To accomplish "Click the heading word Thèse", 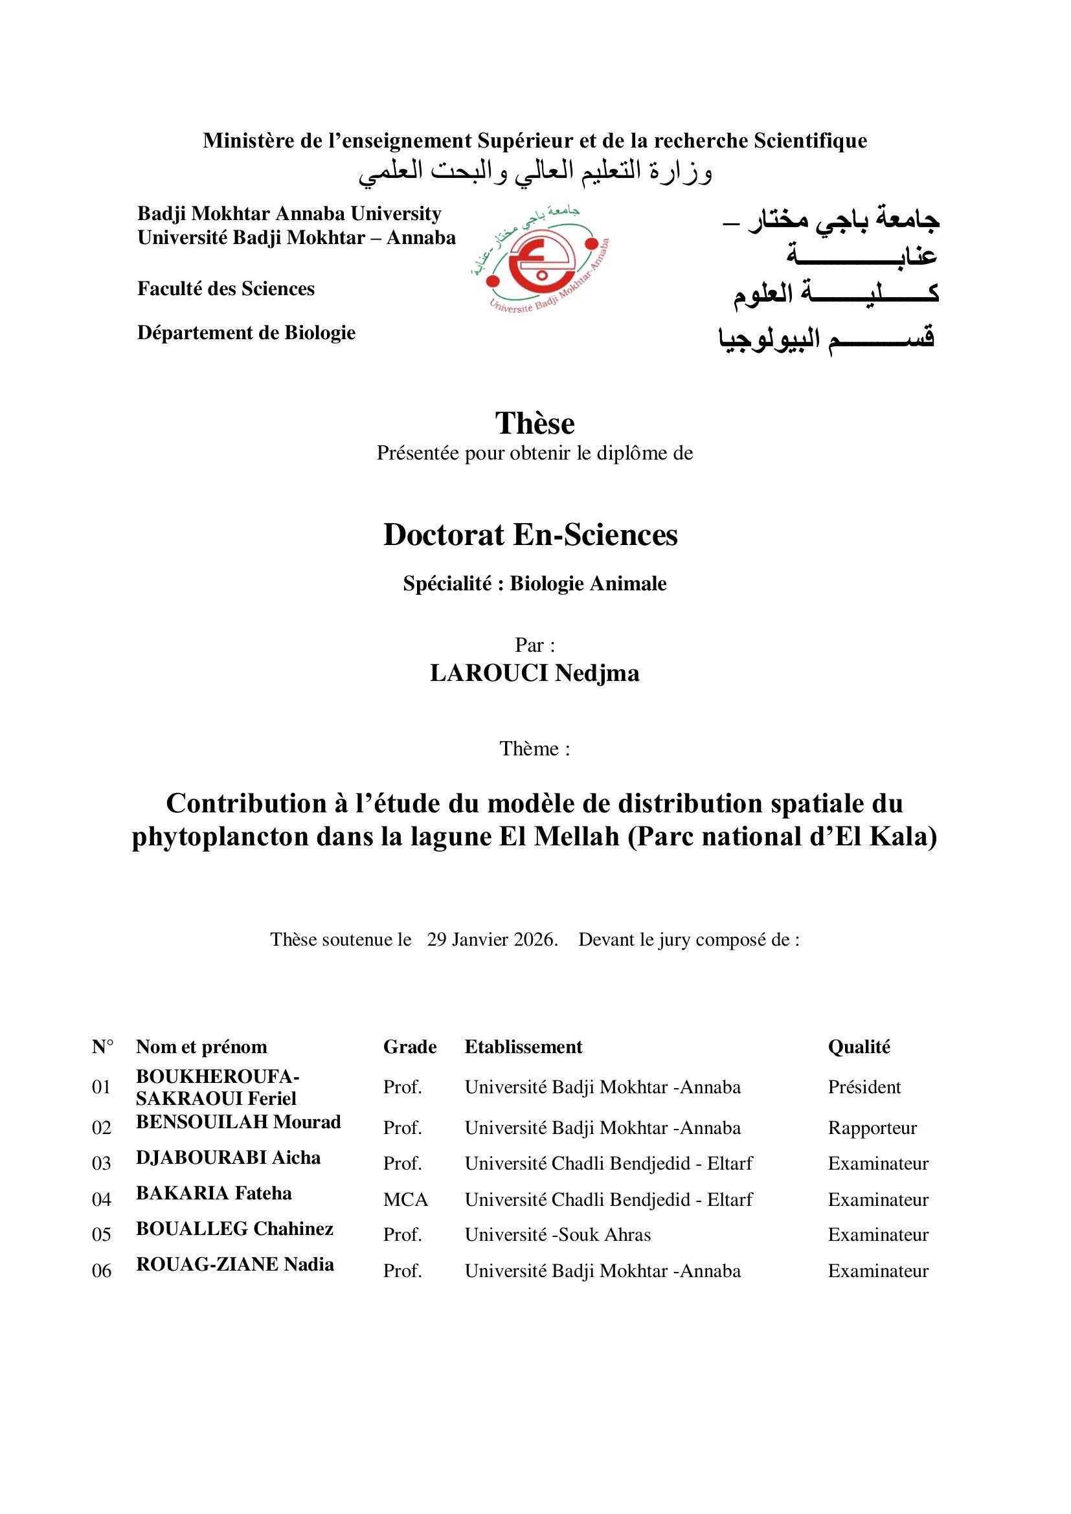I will pos(535,423).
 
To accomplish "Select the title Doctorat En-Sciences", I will pos(530,535).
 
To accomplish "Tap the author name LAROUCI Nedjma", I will pos(534,673).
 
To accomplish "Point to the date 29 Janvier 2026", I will pos(492,940).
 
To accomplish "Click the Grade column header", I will pos(409,1047).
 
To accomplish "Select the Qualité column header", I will pos(859,1047).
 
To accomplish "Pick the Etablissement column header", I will pos(524,1047).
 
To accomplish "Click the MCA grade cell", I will pos(405,1199).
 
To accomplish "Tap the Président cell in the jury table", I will pos(864,1087).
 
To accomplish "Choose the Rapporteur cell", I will pos(872,1128).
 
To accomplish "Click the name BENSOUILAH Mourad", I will pos(238,1122).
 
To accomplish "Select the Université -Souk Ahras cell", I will pos(558,1235).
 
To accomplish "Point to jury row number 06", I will pos(102,1271).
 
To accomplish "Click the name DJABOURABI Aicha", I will pos(228,1158).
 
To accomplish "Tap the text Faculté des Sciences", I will pos(225,289).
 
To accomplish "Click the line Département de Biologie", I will pos(246,333).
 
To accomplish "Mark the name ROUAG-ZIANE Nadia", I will pos(235,1265).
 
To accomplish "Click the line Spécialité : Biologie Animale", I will pos(535,584).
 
